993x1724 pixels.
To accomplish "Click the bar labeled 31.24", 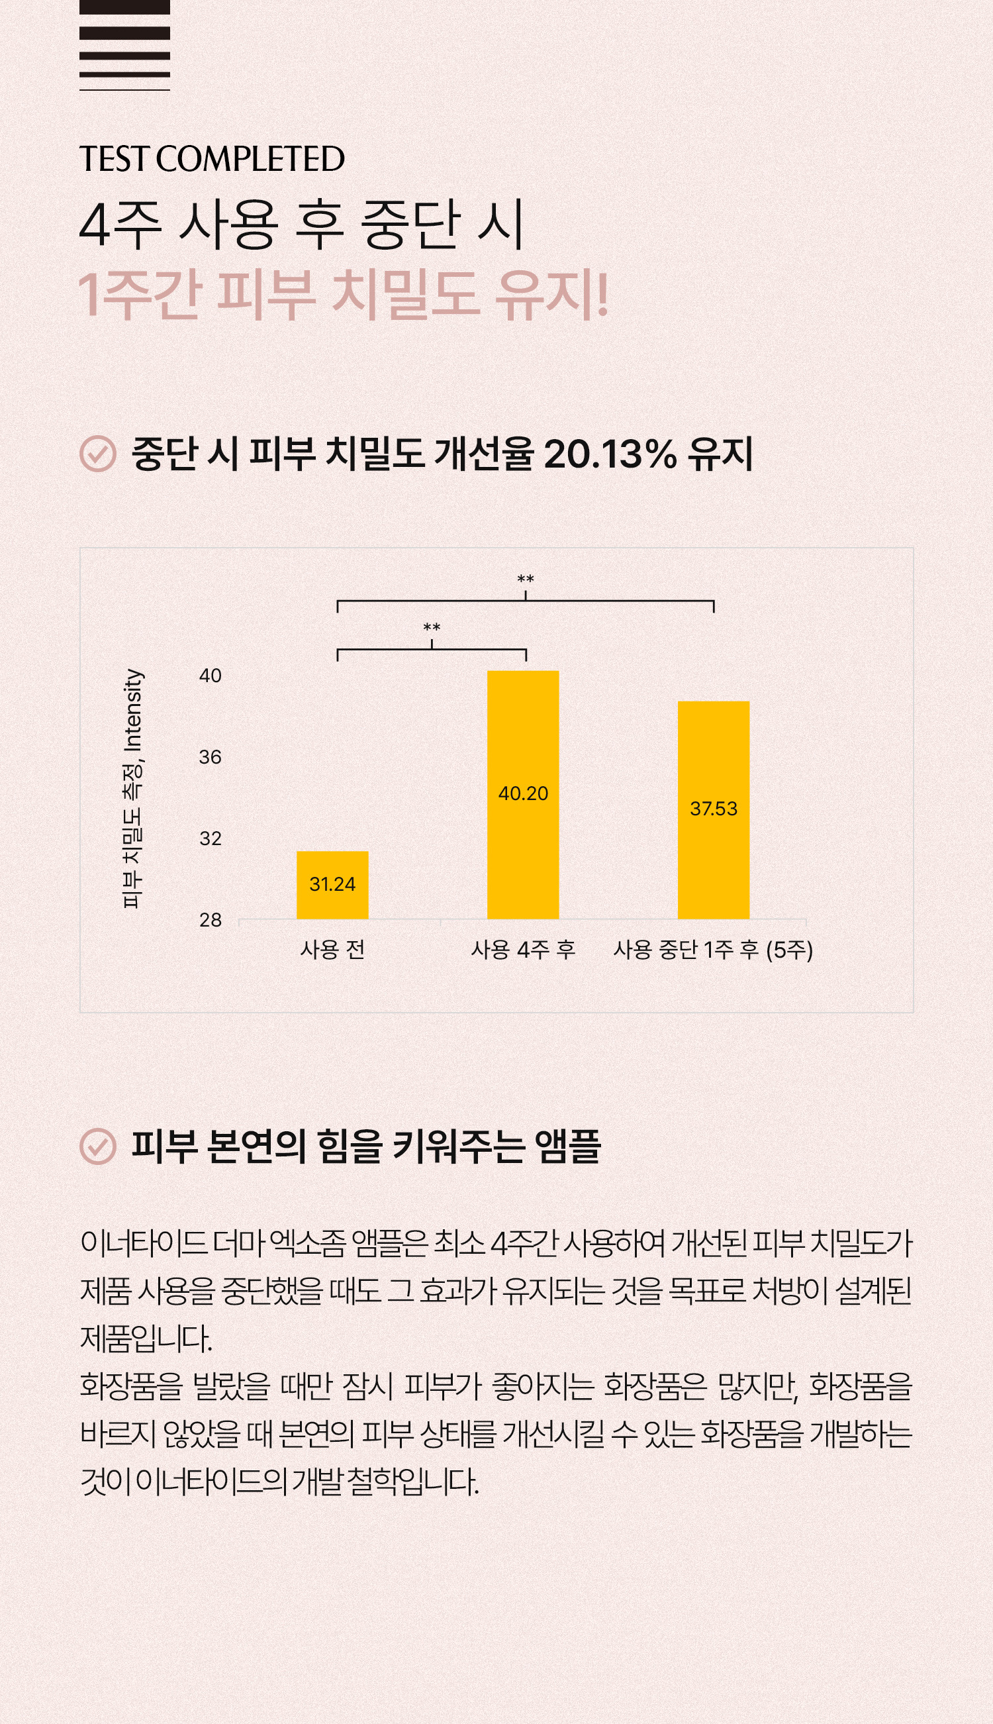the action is (x=332, y=885).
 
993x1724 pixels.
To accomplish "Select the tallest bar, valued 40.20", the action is (x=523, y=795).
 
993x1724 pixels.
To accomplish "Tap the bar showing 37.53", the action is (x=714, y=810).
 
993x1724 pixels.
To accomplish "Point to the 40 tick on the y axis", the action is (x=210, y=676).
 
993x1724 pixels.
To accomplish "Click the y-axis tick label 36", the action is (x=210, y=756).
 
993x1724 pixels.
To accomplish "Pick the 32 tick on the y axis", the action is (x=210, y=838).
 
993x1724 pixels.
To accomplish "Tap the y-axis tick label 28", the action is (x=210, y=920).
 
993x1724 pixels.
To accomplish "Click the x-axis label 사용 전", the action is (x=333, y=949).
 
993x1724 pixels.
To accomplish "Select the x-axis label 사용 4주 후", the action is (x=523, y=949).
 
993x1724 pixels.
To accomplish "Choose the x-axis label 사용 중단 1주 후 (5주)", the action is (x=714, y=950).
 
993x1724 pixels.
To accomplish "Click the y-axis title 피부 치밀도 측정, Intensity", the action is (x=132, y=788).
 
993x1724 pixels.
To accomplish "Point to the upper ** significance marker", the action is (x=525, y=580).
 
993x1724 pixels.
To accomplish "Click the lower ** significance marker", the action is (x=432, y=627).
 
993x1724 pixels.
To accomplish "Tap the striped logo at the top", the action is (x=124, y=45).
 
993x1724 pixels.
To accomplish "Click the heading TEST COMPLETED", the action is (x=212, y=159).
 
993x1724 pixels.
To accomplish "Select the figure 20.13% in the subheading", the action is (x=610, y=454).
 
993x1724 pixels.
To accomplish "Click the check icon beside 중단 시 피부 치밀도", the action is (x=97, y=454).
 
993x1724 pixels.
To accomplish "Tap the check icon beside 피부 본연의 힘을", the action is (x=97, y=1146).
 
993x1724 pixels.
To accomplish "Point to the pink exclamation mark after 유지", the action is (x=602, y=294).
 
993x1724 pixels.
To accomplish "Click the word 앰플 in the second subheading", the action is (x=567, y=1146).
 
